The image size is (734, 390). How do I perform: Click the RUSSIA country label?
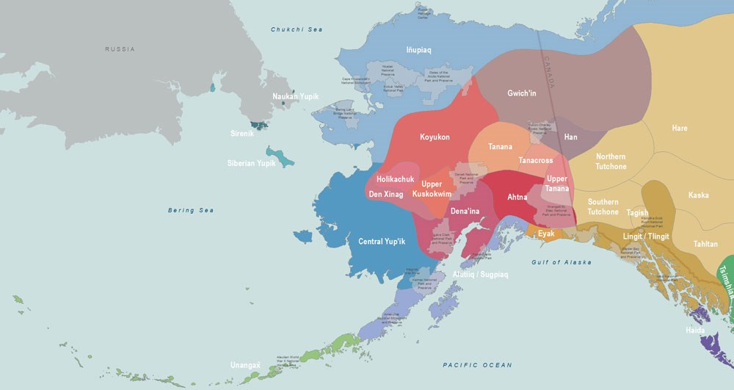(119, 49)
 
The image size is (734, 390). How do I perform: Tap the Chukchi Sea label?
(297, 30)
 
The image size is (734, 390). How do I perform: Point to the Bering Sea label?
(191, 210)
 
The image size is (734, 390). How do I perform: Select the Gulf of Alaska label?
(562, 262)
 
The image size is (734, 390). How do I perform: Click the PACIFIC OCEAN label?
(477, 365)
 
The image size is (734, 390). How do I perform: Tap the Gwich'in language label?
(522, 94)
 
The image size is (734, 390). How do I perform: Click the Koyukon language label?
(435, 137)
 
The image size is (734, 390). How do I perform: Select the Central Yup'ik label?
(382, 242)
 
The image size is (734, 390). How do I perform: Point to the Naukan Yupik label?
(296, 97)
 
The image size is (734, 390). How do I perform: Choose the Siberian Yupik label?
(251, 163)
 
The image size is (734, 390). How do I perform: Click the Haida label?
(696, 331)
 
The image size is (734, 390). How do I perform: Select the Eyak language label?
(546, 234)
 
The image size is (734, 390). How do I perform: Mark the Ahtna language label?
(518, 197)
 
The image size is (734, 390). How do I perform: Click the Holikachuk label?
(396, 179)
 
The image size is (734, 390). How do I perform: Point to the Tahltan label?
(705, 244)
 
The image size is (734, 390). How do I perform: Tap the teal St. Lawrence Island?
(280, 156)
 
